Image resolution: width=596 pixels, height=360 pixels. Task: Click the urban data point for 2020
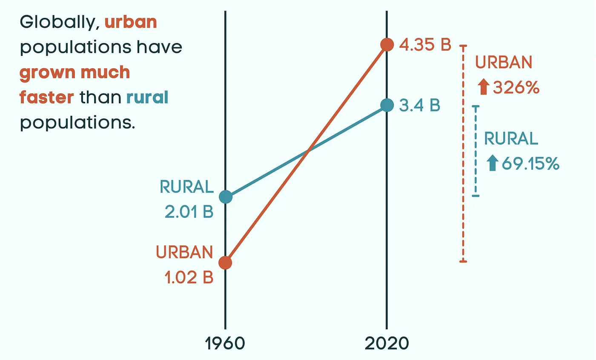(387, 44)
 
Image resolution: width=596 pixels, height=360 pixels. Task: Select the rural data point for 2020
(387, 105)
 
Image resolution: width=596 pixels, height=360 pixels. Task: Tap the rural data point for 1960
(225, 197)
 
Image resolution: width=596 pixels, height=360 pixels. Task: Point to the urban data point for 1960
(225, 263)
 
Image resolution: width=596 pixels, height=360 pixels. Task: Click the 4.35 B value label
(424, 45)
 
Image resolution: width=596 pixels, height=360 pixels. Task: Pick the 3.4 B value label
(419, 105)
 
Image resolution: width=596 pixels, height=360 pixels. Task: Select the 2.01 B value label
(189, 212)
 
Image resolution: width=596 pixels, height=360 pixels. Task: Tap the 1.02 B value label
(189, 277)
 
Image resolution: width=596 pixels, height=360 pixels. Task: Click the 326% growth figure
(516, 89)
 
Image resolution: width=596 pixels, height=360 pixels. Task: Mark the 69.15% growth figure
(530, 163)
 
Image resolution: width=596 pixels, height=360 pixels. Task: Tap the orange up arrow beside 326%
(483, 88)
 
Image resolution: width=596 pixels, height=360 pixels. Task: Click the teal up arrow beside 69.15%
(493, 163)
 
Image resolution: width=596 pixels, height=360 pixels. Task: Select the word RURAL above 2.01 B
(186, 187)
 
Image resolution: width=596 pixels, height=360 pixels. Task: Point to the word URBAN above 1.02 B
(184, 253)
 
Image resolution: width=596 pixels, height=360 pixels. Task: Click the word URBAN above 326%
(504, 63)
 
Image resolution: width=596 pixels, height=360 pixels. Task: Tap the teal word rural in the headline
(147, 97)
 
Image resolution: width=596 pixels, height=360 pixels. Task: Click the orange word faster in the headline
(47, 97)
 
